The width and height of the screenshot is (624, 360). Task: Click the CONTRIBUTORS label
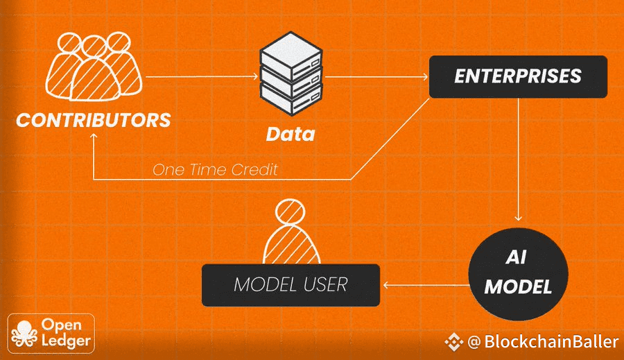[x=94, y=119]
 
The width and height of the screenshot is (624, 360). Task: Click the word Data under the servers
[x=291, y=133]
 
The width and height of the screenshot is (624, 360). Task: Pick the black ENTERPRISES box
[x=518, y=76]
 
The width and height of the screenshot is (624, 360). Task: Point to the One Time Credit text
[x=215, y=169]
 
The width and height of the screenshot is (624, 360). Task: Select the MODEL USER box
[x=291, y=284]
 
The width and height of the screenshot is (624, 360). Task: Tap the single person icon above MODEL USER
[x=291, y=232]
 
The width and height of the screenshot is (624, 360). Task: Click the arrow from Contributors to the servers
[x=201, y=75]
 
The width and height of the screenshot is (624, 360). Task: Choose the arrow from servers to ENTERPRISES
[x=374, y=76]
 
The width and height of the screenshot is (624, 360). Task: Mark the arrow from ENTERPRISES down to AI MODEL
[x=518, y=160]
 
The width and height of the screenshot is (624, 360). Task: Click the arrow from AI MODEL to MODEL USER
[x=423, y=284]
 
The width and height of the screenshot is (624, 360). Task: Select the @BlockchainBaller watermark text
[x=543, y=342]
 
